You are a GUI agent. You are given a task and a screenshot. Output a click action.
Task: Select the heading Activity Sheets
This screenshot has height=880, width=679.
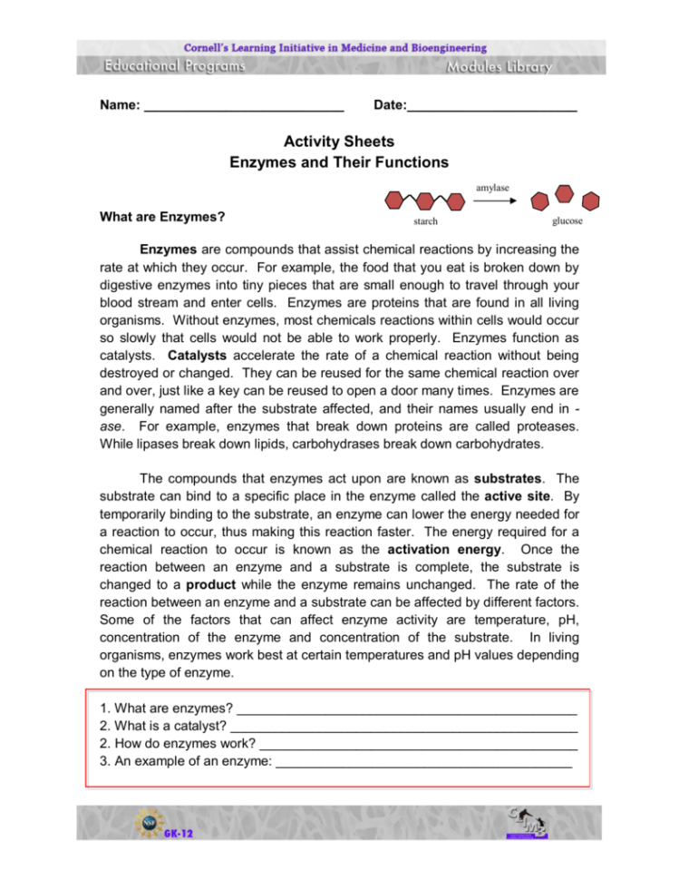point(339,142)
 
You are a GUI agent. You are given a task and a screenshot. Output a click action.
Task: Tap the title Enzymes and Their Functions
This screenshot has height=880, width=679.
point(339,163)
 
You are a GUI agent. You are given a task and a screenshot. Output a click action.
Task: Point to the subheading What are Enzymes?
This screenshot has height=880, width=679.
point(163,218)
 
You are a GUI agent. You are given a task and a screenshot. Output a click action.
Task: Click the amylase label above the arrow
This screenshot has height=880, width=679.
point(492,187)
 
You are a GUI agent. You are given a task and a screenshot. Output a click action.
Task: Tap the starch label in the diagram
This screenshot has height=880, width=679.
point(425,221)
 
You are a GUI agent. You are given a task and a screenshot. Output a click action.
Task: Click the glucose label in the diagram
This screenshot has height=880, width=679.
point(567,220)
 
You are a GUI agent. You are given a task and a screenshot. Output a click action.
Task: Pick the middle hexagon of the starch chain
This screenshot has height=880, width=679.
point(426,200)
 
